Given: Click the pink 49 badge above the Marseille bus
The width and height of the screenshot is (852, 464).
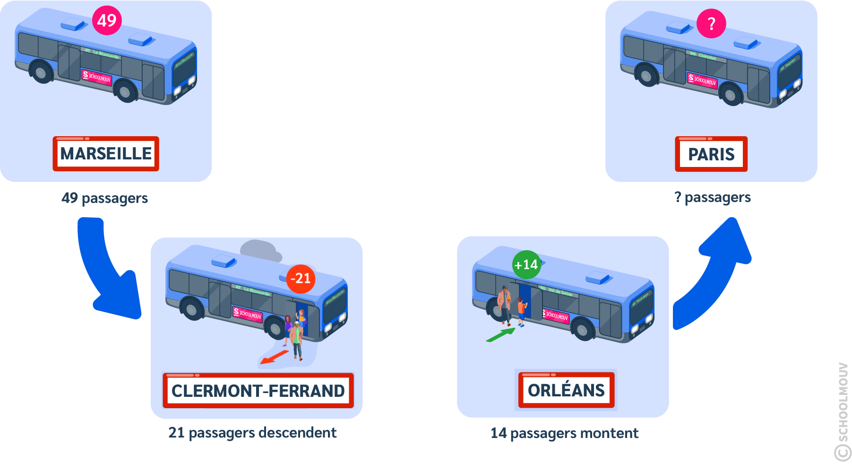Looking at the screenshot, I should (x=107, y=20).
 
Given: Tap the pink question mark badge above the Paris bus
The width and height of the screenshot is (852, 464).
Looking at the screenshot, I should (x=711, y=24).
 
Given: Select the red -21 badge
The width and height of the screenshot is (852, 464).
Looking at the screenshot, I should (x=301, y=279).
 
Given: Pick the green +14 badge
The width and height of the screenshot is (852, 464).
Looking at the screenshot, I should (x=526, y=264).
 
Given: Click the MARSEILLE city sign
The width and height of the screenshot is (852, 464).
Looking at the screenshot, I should (x=106, y=154).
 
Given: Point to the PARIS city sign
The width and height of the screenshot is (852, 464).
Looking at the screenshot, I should (x=711, y=154).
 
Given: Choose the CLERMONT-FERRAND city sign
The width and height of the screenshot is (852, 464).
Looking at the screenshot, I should (x=258, y=391).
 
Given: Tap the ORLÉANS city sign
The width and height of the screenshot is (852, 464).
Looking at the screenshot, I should (x=566, y=390).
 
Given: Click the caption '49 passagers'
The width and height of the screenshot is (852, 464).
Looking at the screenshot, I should (x=104, y=198).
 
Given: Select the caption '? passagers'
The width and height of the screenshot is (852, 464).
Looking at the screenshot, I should (x=712, y=197).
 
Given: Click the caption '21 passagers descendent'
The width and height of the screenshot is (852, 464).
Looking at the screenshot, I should (x=252, y=433).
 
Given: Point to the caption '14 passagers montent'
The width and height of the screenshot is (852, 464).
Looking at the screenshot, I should (x=564, y=433).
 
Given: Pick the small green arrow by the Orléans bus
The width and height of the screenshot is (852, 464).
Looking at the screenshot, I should (x=500, y=335).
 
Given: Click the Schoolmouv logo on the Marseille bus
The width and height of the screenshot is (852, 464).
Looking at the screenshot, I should (x=97, y=77).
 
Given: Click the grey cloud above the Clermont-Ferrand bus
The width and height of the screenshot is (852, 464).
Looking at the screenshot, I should (x=260, y=250).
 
